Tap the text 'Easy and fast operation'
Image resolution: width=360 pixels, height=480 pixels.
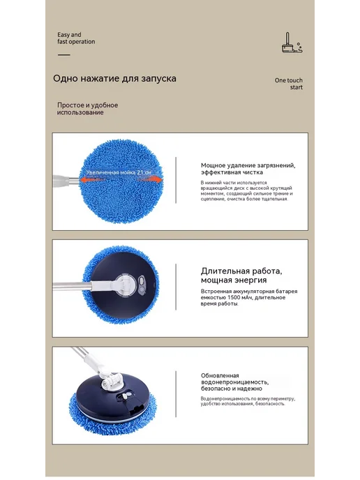point(76,38)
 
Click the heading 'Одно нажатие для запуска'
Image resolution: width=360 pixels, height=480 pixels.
point(114,78)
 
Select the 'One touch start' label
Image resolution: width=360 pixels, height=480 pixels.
point(288,84)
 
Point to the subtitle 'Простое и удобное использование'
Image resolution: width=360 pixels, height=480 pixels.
point(87,109)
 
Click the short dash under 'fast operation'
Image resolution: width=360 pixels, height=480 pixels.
point(64,55)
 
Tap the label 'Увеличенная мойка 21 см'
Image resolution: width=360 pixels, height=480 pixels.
point(119,172)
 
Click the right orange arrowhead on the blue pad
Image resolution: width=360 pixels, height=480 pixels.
point(158,180)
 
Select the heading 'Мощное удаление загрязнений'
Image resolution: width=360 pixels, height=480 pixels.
point(248,165)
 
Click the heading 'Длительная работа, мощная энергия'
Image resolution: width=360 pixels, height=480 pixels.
point(241,276)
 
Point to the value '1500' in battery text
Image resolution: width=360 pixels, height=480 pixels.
point(234,297)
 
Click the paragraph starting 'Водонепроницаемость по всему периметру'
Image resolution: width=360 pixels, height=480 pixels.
point(248,401)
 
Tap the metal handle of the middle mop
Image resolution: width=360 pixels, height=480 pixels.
point(73,287)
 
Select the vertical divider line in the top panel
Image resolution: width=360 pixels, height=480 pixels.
point(176,180)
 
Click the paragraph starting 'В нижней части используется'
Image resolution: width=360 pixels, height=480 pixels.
point(246,190)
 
